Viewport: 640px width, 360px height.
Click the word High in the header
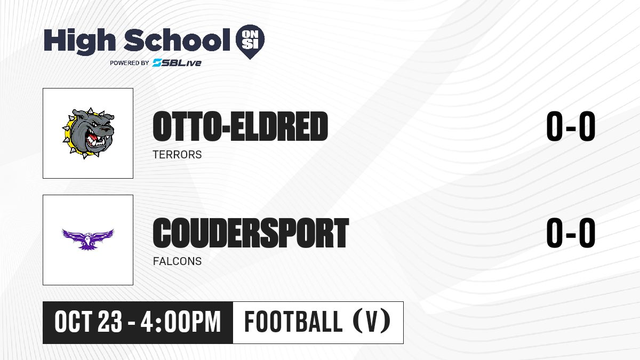coord(80,42)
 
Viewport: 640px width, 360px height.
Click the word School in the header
coord(177,40)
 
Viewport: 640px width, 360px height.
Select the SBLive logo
coord(177,62)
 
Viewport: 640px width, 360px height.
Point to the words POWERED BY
coord(130,63)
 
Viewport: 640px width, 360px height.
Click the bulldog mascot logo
coord(89,133)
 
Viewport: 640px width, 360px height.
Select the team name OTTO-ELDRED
coord(241,126)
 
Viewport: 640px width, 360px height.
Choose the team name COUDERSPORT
coord(251,233)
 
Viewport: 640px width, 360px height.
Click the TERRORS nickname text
coord(177,155)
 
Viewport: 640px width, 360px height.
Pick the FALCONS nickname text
coord(177,261)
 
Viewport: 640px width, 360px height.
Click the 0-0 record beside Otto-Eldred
coord(571,126)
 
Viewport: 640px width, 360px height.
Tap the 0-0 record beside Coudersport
coord(571,233)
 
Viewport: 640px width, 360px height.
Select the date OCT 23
coord(89,322)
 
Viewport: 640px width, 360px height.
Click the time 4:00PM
coord(181,322)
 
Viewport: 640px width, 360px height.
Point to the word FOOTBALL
coord(293,322)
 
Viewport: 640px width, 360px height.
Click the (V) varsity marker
coord(372,321)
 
